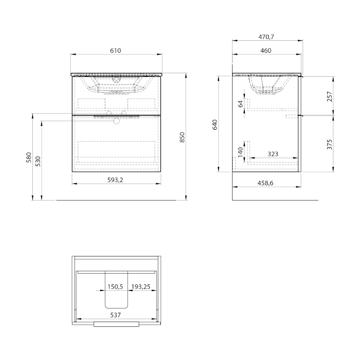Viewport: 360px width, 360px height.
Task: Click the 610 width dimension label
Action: pyautogui.click(x=115, y=50)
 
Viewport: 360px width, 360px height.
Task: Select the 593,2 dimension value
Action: pyautogui.click(x=115, y=180)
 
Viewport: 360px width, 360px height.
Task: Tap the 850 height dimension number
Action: pyautogui.click(x=182, y=137)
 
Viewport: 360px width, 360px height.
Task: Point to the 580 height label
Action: pyautogui.click(x=29, y=158)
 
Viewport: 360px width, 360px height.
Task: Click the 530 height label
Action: pyautogui.click(x=38, y=161)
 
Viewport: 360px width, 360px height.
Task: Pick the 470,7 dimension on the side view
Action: pyautogui.click(x=266, y=37)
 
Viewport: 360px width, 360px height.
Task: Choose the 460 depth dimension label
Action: pyautogui.click(x=266, y=50)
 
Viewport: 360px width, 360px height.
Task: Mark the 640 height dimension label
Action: pyautogui.click(x=215, y=125)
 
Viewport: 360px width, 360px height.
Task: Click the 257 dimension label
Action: pyautogui.click(x=330, y=96)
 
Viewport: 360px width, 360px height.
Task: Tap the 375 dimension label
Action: pyautogui.click(x=330, y=144)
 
